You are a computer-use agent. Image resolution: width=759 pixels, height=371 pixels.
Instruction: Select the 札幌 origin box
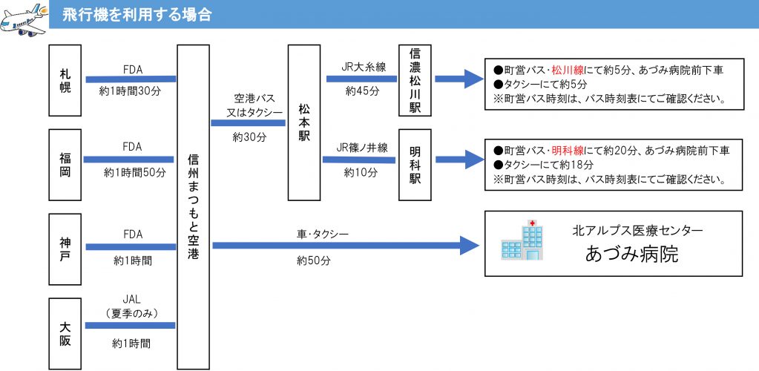(65, 80)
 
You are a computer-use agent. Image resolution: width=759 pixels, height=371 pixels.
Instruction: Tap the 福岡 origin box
(65, 165)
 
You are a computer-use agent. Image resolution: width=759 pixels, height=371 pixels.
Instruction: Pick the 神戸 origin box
(65, 249)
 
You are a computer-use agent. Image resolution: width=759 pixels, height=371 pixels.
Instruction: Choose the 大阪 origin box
(65, 334)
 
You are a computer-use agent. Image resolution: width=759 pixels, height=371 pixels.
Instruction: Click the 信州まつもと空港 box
(193, 207)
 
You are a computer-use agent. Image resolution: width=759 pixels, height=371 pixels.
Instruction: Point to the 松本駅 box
(304, 122)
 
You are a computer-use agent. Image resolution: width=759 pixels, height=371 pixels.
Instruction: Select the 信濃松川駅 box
(415, 80)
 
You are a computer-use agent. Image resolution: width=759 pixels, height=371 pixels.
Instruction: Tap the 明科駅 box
(415, 165)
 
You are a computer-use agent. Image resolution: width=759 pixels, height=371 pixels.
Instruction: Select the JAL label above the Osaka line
(131, 300)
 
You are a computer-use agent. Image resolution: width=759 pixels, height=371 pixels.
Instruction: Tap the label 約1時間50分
(135, 172)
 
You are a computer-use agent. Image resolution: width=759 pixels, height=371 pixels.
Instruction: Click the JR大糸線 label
(364, 67)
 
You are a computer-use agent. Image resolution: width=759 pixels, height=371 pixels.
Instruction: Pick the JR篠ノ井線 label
(363, 148)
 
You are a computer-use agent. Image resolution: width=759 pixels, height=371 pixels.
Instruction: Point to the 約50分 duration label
(314, 260)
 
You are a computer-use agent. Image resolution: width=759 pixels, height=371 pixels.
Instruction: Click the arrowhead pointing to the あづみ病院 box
(469, 246)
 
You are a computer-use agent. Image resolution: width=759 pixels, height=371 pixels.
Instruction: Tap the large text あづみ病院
(631, 254)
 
